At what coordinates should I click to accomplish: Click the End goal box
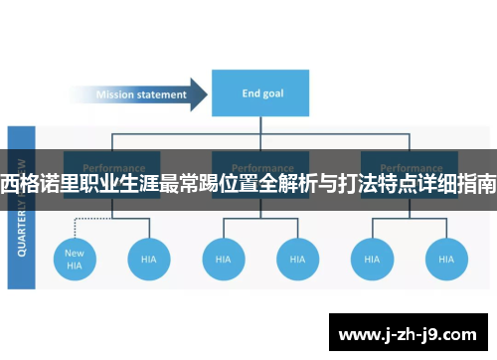(261, 94)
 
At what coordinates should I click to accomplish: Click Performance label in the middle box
(261, 167)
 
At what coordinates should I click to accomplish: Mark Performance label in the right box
(410, 167)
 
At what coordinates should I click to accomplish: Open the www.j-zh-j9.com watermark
(407, 330)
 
